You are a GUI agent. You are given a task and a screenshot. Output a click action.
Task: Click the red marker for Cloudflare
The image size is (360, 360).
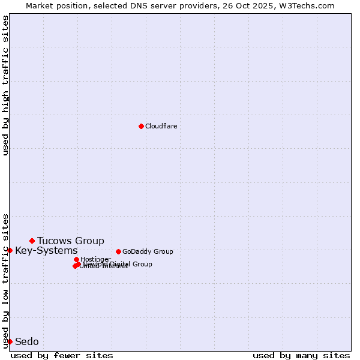141,126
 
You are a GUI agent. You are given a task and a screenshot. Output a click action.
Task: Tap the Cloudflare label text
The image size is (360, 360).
161,126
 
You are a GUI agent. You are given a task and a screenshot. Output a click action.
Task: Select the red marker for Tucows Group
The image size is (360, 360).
32,241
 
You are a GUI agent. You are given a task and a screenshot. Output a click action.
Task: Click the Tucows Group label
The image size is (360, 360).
71,241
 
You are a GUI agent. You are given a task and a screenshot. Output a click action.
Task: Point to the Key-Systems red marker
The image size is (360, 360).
10,250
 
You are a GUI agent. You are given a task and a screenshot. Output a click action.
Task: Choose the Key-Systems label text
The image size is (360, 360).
46,250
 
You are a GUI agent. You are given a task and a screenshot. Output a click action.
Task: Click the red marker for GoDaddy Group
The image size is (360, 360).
118,251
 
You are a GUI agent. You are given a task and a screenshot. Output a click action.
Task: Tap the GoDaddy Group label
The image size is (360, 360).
148,251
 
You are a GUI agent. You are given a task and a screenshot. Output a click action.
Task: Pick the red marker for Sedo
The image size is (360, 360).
10,341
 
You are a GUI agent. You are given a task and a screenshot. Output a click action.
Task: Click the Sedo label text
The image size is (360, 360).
27,341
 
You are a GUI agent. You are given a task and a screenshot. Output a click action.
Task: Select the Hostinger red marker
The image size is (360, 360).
76,259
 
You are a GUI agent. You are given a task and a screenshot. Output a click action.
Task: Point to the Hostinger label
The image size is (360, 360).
95,259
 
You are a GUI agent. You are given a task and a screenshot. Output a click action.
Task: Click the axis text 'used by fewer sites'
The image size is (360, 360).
62,355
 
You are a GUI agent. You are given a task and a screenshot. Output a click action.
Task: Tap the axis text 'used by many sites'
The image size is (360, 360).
301,355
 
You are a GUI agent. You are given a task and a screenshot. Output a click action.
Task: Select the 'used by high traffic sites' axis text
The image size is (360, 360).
6,85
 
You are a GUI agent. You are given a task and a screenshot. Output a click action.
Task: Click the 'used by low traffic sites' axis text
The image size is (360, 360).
6,280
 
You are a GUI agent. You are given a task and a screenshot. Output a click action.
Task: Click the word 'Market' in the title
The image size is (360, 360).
40,5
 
